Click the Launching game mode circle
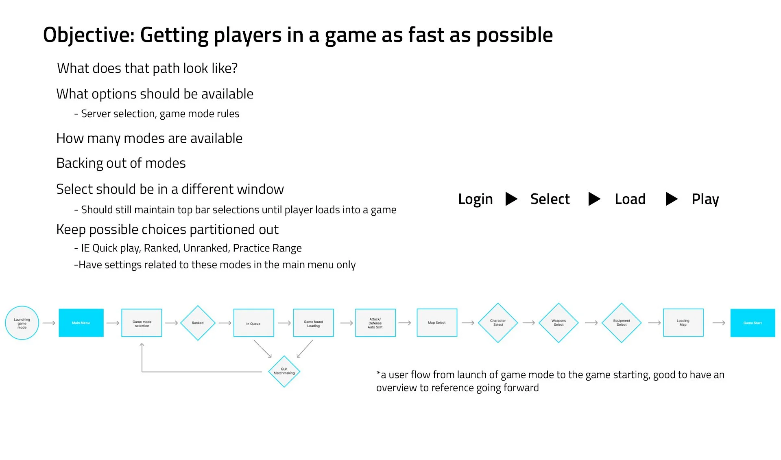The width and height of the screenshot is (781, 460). [x=22, y=323]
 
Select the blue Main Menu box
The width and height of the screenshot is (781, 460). [x=81, y=323]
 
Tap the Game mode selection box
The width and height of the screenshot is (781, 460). [x=142, y=323]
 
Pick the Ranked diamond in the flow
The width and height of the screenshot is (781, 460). [x=198, y=323]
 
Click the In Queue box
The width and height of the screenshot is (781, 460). [x=253, y=323]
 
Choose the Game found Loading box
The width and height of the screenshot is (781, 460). [x=313, y=323]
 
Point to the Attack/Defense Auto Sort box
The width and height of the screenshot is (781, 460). [x=375, y=323]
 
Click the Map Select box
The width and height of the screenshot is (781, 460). [x=437, y=323]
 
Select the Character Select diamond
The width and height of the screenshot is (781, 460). [x=498, y=323]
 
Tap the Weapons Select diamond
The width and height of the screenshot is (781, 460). [x=558, y=323]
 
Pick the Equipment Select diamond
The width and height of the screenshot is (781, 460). [x=622, y=323]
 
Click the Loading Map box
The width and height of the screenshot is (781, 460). [x=683, y=323]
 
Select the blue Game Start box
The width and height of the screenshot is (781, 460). [x=753, y=323]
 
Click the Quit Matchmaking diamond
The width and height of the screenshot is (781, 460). [x=284, y=371]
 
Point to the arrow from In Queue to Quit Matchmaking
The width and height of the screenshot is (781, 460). [x=262, y=349]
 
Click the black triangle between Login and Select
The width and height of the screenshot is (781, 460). [x=511, y=199]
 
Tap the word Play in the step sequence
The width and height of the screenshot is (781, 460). [x=705, y=199]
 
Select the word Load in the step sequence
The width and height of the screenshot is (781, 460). [x=630, y=199]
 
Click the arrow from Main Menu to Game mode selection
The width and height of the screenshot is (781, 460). [x=113, y=323]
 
